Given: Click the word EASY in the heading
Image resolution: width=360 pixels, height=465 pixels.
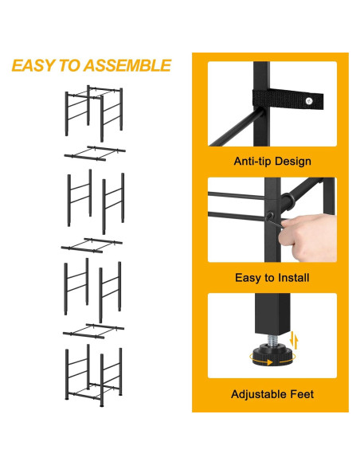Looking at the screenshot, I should point(33,65).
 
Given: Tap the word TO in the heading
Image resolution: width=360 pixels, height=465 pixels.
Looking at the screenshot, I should point(70,65).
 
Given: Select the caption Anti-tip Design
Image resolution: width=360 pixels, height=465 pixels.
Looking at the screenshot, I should point(272,162).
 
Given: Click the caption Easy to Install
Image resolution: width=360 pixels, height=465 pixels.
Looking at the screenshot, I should point(272,278).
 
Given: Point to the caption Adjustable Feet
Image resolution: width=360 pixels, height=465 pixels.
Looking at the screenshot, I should point(272,394).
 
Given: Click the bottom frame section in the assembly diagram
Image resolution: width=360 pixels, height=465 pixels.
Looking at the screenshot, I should point(93,369).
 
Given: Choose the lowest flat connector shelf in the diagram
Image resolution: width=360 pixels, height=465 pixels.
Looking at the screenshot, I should point(93,329).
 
